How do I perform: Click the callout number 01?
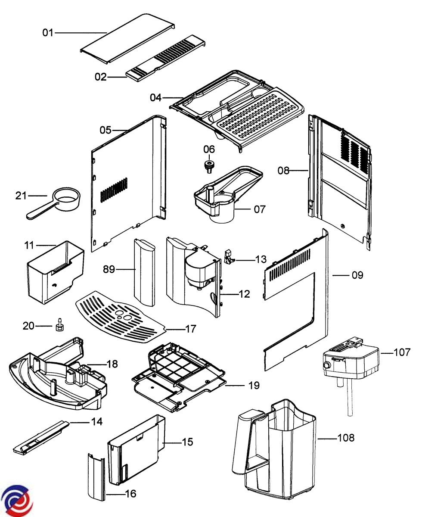click(48, 33)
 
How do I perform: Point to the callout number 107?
click(402, 352)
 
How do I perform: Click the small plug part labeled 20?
click(59, 325)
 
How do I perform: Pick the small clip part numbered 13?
click(229, 257)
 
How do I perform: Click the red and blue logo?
click(16, 500)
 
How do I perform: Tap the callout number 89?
click(109, 269)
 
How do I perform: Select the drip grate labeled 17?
click(120, 317)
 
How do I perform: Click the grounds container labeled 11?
click(56, 272)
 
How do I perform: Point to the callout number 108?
click(346, 438)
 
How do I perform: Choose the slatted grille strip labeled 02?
click(166, 58)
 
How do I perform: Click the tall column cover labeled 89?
click(145, 273)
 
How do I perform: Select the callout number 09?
click(357, 275)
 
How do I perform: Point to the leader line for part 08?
click(299, 170)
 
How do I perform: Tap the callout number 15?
click(187, 442)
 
